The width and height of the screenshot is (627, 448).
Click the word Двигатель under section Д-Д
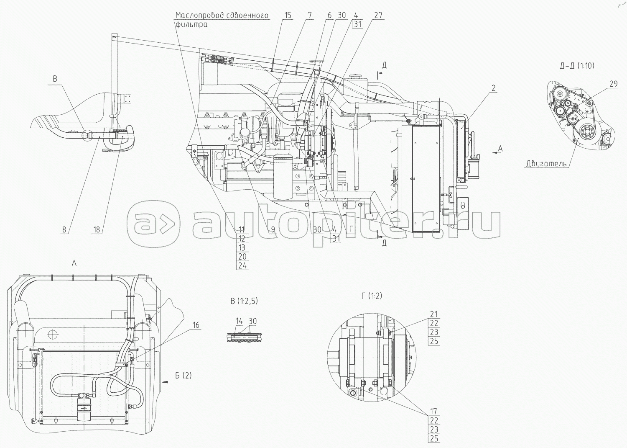point(546,163)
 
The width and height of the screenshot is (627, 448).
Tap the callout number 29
point(613,84)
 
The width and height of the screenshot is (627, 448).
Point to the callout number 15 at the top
point(288,15)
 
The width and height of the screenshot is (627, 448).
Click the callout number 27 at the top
point(378,15)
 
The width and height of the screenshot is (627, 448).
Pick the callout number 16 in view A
point(196,325)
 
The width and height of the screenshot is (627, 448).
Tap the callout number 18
point(96,230)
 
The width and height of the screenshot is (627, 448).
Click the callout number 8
point(64,230)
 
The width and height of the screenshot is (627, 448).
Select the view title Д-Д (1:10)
point(577,66)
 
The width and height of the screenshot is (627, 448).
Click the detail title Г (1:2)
point(372,296)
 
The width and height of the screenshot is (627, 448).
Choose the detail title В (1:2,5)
point(244,301)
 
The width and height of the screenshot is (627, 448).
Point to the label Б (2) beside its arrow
point(184,376)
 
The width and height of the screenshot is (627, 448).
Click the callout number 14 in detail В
point(239,321)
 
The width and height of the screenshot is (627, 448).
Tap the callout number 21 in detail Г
point(433,314)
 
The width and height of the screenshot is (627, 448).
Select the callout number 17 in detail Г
point(433,411)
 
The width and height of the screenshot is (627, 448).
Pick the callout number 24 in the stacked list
point(242,265)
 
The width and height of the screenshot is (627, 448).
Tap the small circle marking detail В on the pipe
point(87,136)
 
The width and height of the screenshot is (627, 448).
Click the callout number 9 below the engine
point(273,230)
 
